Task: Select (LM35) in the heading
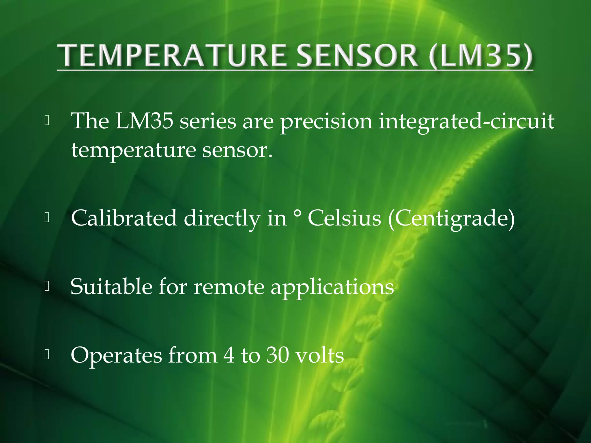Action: (x=481, y=57)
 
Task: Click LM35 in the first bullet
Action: (x=144, y=121)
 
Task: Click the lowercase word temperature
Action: (x=134, y=151)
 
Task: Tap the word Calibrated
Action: (x=124, y=218)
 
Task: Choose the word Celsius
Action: (x=344, y=218)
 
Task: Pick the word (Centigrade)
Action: (x=451, y=219)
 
